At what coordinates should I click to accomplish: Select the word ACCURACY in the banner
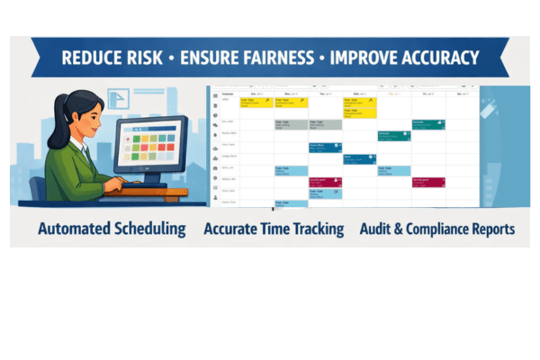(x=440, y=58)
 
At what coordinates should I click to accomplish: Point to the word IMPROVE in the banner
(x=362, y=58)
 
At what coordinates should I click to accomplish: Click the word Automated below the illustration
(x=74, y=229)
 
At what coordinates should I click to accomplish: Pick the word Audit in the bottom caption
(x=379, y=229)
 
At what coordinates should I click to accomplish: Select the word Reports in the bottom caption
(x=497, y=229)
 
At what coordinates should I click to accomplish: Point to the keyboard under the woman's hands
(x=144, y=184)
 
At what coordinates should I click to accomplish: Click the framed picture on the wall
(x=124, y=98)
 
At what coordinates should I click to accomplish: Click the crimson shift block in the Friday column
(x=428, y=182)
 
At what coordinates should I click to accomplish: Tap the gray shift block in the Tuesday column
(x=325, y=124)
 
